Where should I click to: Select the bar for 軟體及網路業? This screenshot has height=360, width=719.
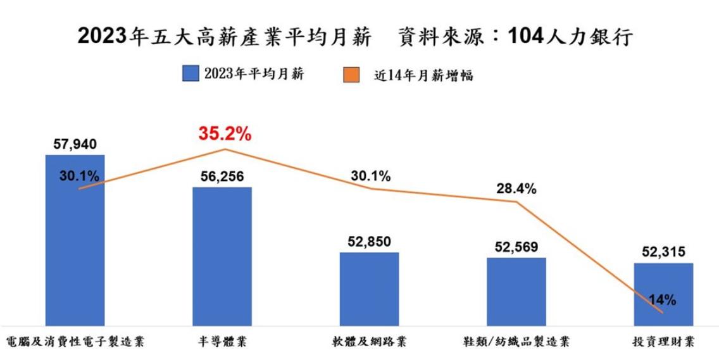(x=370, y=289)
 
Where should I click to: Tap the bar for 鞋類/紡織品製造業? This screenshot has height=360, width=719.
(x=516, y=291)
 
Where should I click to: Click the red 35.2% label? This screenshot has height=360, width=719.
(x=225, y=133)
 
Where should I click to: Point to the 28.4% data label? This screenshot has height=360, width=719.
(x=516, y=188)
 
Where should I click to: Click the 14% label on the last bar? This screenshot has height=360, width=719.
(x=663, y=300)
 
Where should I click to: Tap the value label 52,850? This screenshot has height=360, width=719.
(x=370, y=242)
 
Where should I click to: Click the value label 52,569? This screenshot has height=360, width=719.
(x=516, y=247)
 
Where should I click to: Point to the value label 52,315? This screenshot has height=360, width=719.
(x=663, y=252)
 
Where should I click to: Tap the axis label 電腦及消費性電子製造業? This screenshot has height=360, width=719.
(x=75, y=342)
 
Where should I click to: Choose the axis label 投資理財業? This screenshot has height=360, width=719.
(x=663, y=342)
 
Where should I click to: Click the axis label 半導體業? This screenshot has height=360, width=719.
(x=222, y=342)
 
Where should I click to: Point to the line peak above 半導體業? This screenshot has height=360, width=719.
(x=225, y=149)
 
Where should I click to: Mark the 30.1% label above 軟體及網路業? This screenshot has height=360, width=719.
(x=370, y=175)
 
